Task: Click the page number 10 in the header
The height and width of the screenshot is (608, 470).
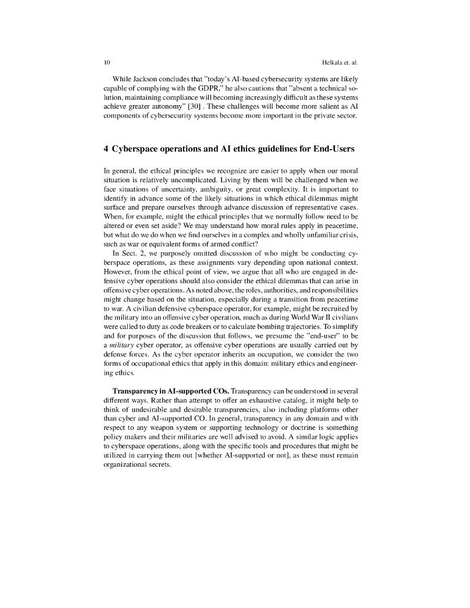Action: click(106, 62)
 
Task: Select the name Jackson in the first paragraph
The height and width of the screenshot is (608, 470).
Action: click(144, 80)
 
